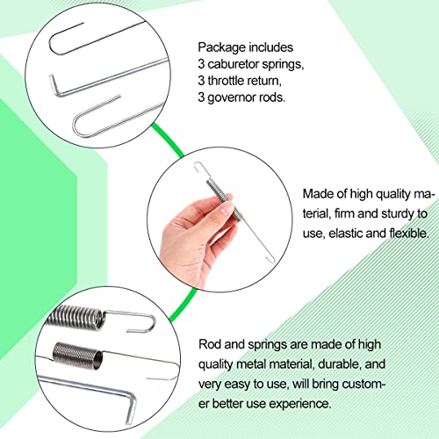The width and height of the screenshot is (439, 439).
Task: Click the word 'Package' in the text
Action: (x=221, y=47)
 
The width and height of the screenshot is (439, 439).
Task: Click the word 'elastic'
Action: (x=345, y=234)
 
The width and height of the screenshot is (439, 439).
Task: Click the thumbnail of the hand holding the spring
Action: (x=219, y=219)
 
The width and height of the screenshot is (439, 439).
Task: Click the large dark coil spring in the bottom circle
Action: (x=76, y=317)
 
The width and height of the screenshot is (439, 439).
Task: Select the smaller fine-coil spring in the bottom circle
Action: (x=78, y=356)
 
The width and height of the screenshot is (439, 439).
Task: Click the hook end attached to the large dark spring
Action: (x=134, y=321)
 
